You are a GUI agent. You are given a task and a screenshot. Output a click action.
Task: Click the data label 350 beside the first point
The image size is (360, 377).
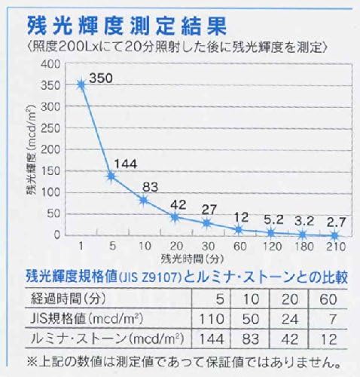point(101,77)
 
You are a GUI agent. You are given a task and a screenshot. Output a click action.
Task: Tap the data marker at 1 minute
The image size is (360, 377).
point(81,84)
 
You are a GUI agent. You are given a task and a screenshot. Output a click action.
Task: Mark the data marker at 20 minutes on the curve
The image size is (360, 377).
point(175,217)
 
